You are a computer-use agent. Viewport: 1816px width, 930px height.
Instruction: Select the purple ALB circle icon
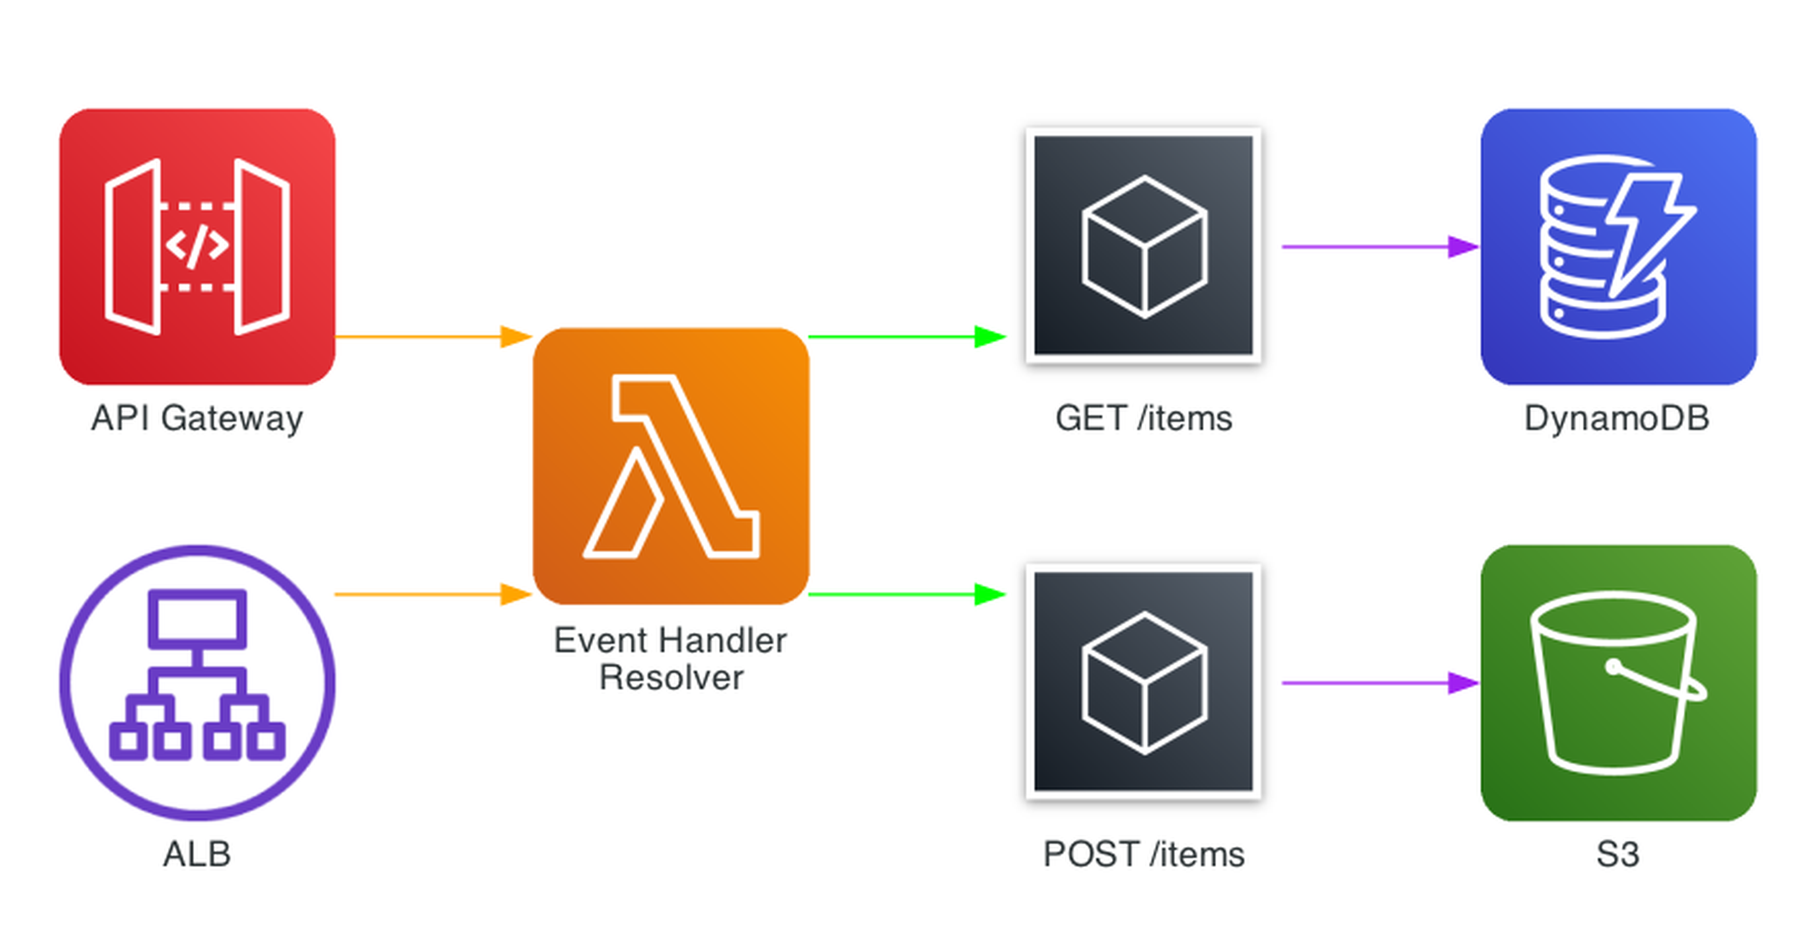(x=197, y=682)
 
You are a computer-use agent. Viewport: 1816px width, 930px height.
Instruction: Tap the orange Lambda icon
(x=670, y=466)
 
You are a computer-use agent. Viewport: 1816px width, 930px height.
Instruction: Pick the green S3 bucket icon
(x=1618, y=682)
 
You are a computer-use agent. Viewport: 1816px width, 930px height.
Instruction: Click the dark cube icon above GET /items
(x=1143, y=245)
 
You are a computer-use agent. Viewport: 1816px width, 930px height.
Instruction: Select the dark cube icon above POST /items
(x=1143, y=681)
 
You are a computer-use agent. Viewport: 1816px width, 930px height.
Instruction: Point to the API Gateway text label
(x=197, y=418)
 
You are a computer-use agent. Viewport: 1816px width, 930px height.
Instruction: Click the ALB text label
(x=197, y=854)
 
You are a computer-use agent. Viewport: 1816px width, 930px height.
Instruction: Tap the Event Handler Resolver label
(x=670, y=658)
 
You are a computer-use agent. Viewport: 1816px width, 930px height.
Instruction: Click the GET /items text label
(x=1143, y=418)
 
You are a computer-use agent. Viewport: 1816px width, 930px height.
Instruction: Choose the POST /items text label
(x=1143, y=854)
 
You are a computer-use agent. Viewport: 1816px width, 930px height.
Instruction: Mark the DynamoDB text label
(x=1617, y=418)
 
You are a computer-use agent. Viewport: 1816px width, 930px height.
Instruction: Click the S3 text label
(x=1617, y=854)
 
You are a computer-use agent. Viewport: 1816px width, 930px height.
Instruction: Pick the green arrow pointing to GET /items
(x=906, y=336)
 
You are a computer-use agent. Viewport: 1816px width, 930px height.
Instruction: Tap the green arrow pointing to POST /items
(x=906, y=595)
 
